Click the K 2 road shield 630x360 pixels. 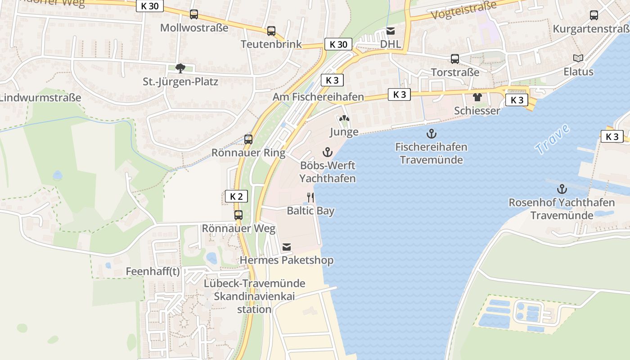click(236, 196)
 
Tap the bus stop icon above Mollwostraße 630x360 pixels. click(194, 14)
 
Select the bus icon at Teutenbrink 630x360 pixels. click(271, 31)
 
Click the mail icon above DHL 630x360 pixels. click(391, 31)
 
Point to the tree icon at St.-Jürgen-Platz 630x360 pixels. click(180, 68)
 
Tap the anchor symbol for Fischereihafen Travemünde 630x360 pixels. click(432, 134)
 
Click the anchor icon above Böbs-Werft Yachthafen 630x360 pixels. click(328, 152)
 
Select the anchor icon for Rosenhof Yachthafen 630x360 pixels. click(562, 189)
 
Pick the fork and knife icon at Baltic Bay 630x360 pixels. click(310, 197)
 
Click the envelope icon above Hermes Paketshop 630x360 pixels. click(287, 247)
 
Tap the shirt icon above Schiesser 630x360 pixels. click(477, 97)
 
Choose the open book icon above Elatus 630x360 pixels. click(578, 58)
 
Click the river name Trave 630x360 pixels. click(553, 139)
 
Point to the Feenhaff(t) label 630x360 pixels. click(153, 271)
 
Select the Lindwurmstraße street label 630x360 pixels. click(40, 98)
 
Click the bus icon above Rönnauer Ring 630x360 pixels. click(248, 139)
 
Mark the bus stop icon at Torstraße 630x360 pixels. click(455, 59)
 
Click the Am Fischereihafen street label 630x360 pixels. click(318, 97)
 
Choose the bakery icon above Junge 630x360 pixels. click(344, 119)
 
